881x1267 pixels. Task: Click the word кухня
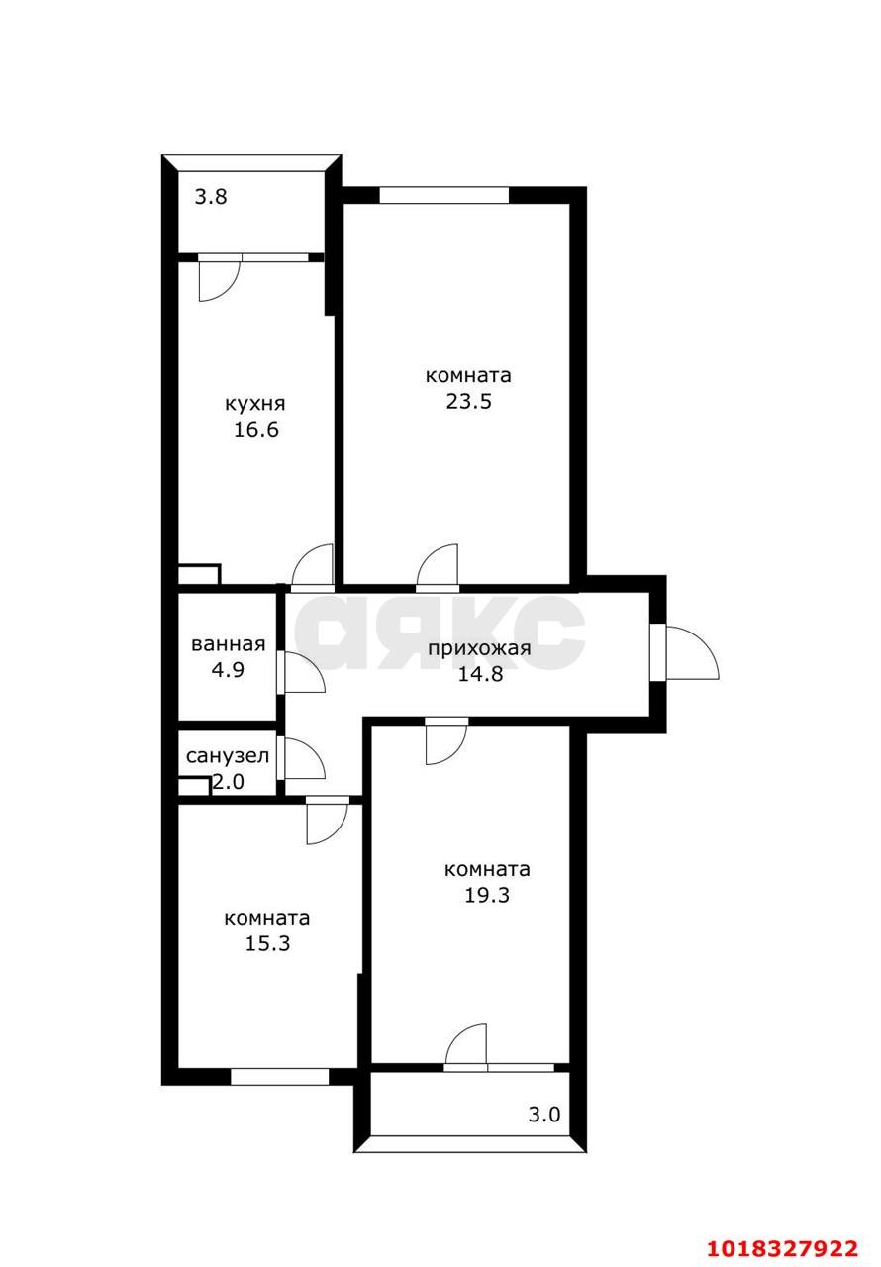point(255,405)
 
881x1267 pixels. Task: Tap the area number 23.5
point(469,401)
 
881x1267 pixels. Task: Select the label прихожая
point(479,648)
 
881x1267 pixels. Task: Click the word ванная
point(229,644)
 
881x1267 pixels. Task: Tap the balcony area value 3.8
point(211,197)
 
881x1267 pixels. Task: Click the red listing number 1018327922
point(783,1248)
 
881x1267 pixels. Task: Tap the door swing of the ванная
point(304,672)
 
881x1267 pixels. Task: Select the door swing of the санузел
point(304,759)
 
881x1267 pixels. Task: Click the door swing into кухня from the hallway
point(312,564)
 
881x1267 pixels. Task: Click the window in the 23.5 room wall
point(443,195)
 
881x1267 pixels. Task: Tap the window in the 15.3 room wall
point(279,1077)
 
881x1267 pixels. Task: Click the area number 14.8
point(480,674)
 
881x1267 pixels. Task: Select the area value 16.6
point(256,430)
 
